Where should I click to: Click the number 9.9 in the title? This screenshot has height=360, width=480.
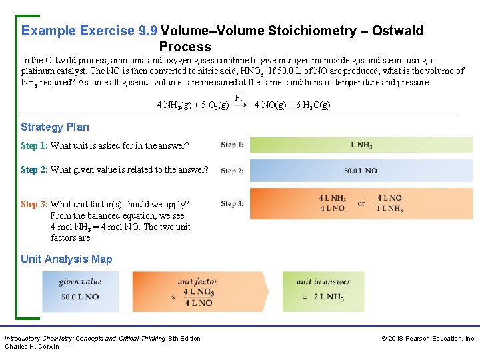146,31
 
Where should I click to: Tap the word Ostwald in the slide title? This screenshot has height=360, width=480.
397,31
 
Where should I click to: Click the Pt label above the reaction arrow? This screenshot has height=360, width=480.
239,98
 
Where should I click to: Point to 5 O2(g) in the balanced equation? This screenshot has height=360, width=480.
213,105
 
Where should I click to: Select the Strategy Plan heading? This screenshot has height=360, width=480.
55,127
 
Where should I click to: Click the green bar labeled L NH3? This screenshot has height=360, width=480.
361,145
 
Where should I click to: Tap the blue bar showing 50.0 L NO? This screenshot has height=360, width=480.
361,171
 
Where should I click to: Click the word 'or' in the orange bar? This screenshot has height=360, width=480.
361,203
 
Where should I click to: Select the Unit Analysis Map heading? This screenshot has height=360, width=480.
67,259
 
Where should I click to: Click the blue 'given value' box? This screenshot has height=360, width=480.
81,291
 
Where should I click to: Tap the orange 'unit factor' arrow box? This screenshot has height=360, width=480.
199,291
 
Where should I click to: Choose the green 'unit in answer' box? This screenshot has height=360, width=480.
323,291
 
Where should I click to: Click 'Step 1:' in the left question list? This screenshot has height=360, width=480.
34,145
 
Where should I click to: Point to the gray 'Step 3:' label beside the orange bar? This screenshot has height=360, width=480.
232,203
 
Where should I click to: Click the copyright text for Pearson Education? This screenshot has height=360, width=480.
428,339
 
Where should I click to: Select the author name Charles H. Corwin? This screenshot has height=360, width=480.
32,346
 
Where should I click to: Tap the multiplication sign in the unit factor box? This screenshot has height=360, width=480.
173,297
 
